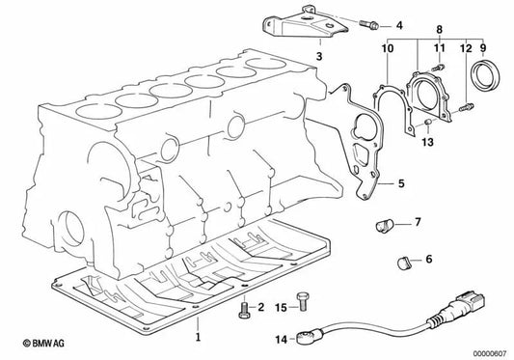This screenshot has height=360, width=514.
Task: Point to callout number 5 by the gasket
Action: (401, 181)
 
